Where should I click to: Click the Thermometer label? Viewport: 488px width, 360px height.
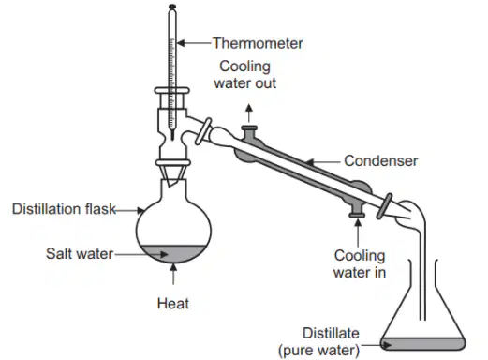point(258,43)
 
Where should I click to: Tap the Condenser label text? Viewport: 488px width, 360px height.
point(380,161)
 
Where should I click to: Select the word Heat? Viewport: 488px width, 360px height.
point(173,304)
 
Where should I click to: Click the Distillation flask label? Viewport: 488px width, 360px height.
point(64,209)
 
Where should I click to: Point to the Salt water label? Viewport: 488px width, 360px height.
point(80,253)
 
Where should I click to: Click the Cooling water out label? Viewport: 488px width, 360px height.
point(245,75)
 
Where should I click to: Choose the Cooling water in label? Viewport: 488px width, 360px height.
point(360,263)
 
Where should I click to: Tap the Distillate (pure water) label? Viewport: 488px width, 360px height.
point(318,341)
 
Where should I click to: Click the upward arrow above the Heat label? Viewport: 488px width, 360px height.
point(173,274)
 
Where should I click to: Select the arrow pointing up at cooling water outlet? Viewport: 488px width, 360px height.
point(249,113)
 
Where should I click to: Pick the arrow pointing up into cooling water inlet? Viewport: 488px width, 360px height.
point(358,232)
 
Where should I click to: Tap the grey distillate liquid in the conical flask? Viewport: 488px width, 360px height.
point(423,344)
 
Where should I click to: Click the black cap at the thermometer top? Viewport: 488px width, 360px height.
point(172,7)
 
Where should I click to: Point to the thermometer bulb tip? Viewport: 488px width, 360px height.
point(172,138)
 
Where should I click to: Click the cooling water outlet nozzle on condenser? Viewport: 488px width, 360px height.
point(249,133)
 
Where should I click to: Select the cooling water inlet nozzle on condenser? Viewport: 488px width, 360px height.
point(357,209)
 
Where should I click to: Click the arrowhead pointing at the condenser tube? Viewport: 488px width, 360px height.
point(309,162)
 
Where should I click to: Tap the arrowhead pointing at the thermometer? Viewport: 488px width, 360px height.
point(181,43)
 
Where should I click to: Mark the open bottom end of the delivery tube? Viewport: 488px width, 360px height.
point(422,320)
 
